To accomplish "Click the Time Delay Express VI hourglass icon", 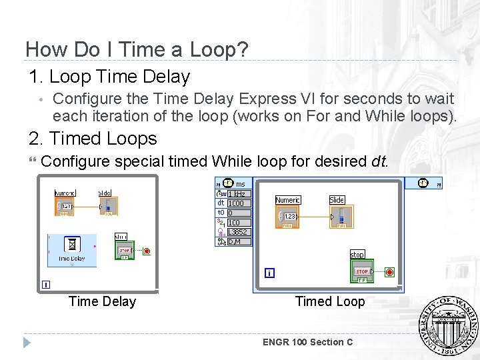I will point(71,245).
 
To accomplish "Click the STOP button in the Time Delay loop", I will point(124,251).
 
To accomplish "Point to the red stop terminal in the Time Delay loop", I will point(147,251).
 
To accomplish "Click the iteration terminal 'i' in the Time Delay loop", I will point(45,285).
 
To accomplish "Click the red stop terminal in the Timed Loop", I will point(389,272).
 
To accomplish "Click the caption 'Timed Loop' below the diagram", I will point(330,301).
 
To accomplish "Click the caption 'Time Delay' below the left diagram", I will point(102,301).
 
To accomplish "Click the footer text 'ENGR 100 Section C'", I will point(307,342).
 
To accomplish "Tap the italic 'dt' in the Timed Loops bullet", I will point(377,161).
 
